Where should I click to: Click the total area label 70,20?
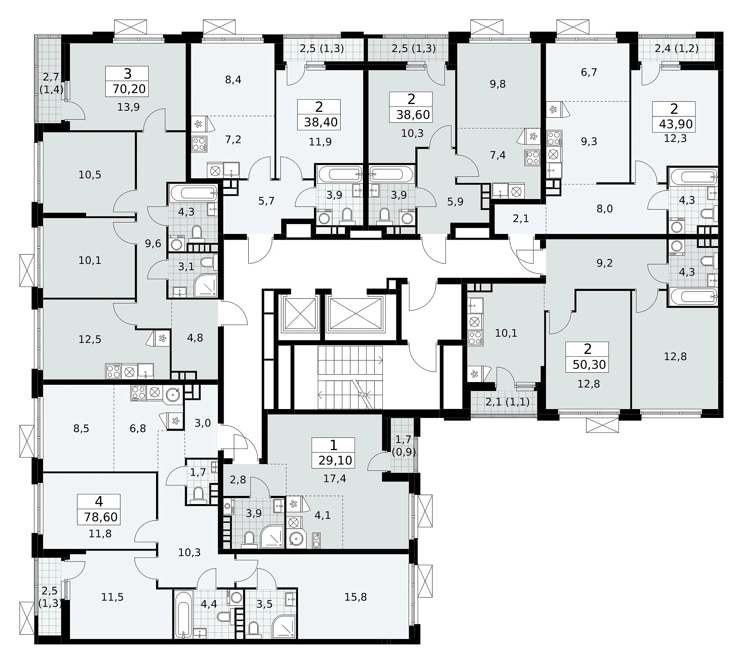click(x=129, y=89)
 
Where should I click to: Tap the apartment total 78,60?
click(x=101, y=517)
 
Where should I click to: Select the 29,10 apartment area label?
click(x=336, y=460)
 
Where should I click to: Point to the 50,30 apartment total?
click(x=589, y=364)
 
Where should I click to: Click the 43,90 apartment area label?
click(x=676, y=124)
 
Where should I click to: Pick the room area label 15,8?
click(x=356, y=597)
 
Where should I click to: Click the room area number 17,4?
click(x=335, y=478)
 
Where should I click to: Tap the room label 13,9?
click(x=129, y=107)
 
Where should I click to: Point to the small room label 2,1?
click(x=521, y=219)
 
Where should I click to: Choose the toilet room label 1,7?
click(x=198, y=473)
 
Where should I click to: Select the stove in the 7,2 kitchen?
click(x=199, y=144)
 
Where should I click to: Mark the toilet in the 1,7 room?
click(x=199, y=495)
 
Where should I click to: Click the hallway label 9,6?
click(x=153, y=244)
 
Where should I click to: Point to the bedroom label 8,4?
click(x=233, y=80)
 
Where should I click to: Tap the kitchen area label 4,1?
click(x=323, y=515)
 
